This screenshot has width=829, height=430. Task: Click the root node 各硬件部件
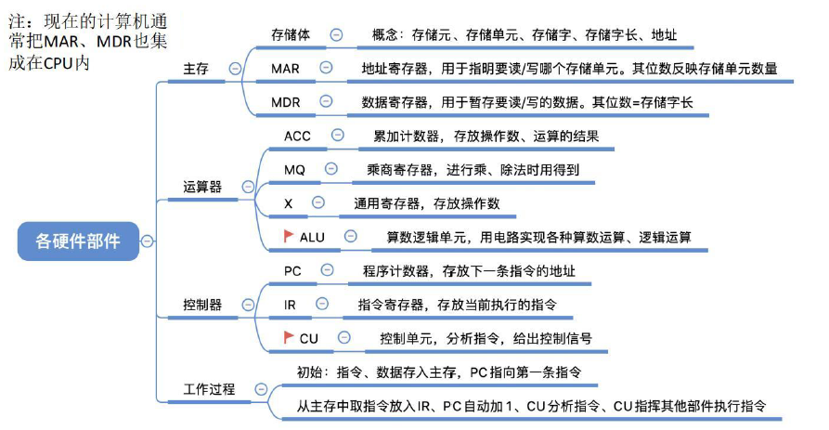77,240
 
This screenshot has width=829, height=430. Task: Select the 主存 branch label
196,68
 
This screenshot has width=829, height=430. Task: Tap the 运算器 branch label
202,187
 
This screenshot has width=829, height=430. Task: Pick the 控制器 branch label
202,305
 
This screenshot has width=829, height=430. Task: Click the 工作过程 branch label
209,388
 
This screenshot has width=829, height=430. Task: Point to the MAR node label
285,68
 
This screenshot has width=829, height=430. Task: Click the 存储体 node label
291,34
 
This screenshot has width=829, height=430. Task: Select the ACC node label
297,136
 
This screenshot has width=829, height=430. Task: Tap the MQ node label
294,169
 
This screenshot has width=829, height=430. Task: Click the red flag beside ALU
288,236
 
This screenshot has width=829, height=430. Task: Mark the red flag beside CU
288,338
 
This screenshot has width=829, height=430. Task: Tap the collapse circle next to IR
321,304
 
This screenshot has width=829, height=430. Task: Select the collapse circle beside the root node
147,241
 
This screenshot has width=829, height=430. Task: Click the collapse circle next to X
317,202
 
